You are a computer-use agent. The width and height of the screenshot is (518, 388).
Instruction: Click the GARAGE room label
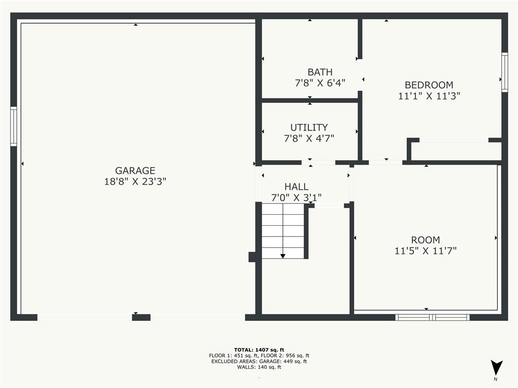(x=135, y=171)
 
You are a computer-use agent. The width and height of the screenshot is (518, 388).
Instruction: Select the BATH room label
(x=320, y=72)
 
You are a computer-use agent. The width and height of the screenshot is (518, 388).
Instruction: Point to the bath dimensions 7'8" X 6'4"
(x=320, y=83)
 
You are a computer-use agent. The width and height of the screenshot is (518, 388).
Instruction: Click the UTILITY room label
(x=309, y=127)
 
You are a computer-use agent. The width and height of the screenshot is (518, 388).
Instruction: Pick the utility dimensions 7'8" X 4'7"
(x=309, y=138)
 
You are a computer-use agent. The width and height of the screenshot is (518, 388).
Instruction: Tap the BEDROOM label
(x=428, y=85)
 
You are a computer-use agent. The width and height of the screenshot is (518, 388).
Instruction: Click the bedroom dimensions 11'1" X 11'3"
(x=428, y=96)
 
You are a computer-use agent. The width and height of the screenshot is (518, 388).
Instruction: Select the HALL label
(x=296, y=187)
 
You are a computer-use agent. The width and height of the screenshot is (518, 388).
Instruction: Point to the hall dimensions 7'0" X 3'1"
(x=296, y=198)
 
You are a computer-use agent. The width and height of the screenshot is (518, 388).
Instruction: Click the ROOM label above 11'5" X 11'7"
(x=425, y=240)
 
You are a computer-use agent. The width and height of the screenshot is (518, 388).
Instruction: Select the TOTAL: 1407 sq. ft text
(x=259, y=350)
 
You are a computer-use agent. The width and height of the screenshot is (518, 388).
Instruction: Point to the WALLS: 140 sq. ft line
(x=259, y=367)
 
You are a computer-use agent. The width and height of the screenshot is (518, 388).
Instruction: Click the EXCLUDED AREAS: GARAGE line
(x=259, y=361)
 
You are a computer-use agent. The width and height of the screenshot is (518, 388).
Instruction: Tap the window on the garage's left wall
(x=14, y=126)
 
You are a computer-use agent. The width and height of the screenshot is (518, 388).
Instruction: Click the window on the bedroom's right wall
(x=504, y=72)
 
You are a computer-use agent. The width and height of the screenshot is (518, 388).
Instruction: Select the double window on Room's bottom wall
(x=432, y=317)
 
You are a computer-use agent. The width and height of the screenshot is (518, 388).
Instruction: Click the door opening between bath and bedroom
(x=360, y=75)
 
